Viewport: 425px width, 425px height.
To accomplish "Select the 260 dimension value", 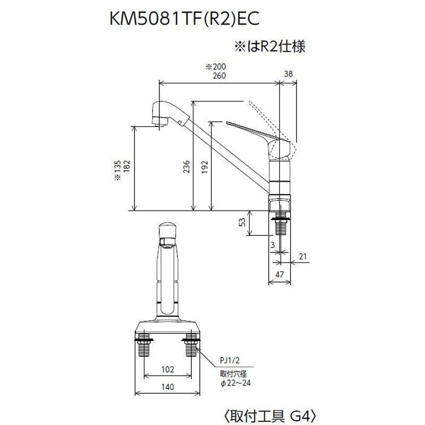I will [x=219, y=75].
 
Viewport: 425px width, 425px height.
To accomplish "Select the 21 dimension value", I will [x=303, y=257].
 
